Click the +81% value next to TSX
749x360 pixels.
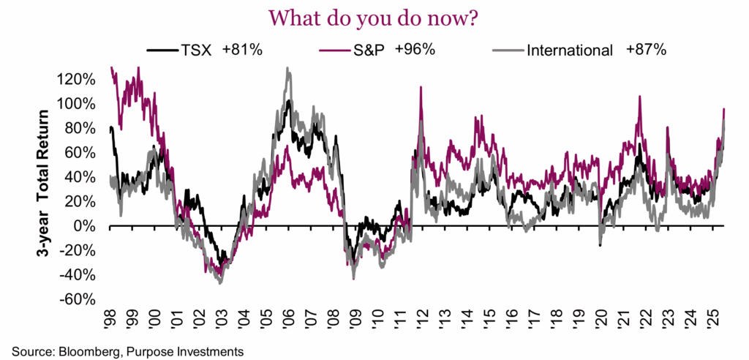[x=241, y=50]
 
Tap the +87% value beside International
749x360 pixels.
[x=645, y=50]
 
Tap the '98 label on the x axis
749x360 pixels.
[x=111, y=319]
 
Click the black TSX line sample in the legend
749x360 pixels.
[x=161, y=50]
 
